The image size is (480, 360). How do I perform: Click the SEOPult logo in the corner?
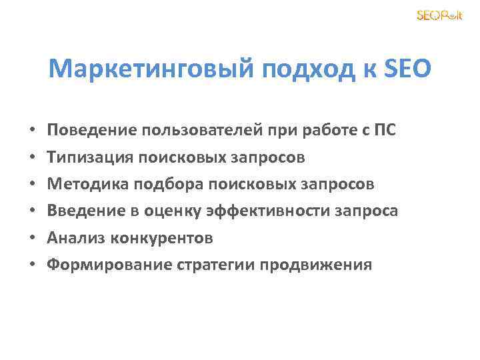coord(440,15)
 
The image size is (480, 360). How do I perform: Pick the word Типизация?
coord(91,157)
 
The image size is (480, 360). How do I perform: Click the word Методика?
coord(87,184)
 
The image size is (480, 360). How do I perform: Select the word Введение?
coord(87,211)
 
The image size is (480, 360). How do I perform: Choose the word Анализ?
coord(77,237)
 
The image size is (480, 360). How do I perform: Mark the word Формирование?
coord(109,265)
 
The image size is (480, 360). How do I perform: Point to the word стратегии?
coord(215,265)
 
